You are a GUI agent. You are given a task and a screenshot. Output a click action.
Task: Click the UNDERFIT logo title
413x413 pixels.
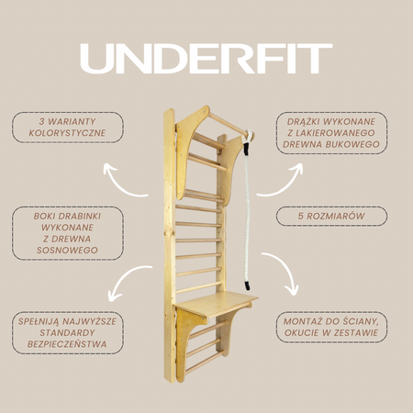pyautogui.click(x=206, y=59)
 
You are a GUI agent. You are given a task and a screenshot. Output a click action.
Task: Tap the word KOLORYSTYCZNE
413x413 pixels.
pyautogui.click(x=67, y=133)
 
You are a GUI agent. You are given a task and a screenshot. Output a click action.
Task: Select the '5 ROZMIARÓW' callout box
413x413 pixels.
pyautogui.click(x=331, y=217)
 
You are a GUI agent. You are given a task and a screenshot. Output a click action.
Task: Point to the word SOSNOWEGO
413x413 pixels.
pyautogui.click(x=67, y=251)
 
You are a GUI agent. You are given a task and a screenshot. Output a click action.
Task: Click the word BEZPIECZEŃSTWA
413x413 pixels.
pyautogui.click(x=67, y=344)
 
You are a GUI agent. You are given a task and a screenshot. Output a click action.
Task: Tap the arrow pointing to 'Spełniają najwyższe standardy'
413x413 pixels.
pyautogui.click(x=126, y=277)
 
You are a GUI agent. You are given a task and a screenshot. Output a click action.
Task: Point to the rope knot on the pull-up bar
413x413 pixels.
pyautogui.click(x=249, y=135)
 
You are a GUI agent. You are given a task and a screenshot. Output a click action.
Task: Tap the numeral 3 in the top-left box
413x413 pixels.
pyautogui.click(x=42, y=122)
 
